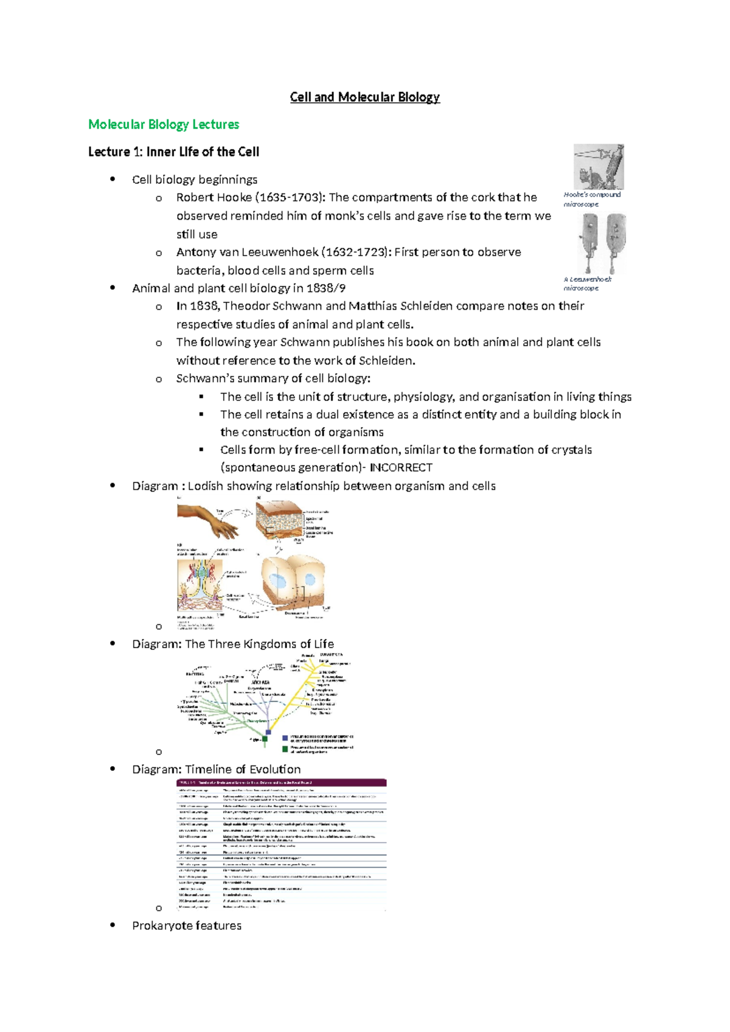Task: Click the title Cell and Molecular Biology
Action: [364, 97]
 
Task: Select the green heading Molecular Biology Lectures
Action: [164, 125]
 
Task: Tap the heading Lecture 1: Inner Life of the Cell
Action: [173, 152]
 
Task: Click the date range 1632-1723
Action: [356, 253]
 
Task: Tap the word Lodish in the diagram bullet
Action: [205, 486]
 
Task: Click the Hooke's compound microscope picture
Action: [599, 167]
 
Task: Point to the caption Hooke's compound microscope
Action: [591, 200]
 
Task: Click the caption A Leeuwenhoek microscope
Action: [587, 284]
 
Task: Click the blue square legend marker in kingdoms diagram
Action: [285, 738]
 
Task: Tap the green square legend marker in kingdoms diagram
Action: [285, 749]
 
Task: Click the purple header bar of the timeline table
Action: [281, 783]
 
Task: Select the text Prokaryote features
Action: [187, 926]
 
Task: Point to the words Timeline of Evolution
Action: [243, 770]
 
